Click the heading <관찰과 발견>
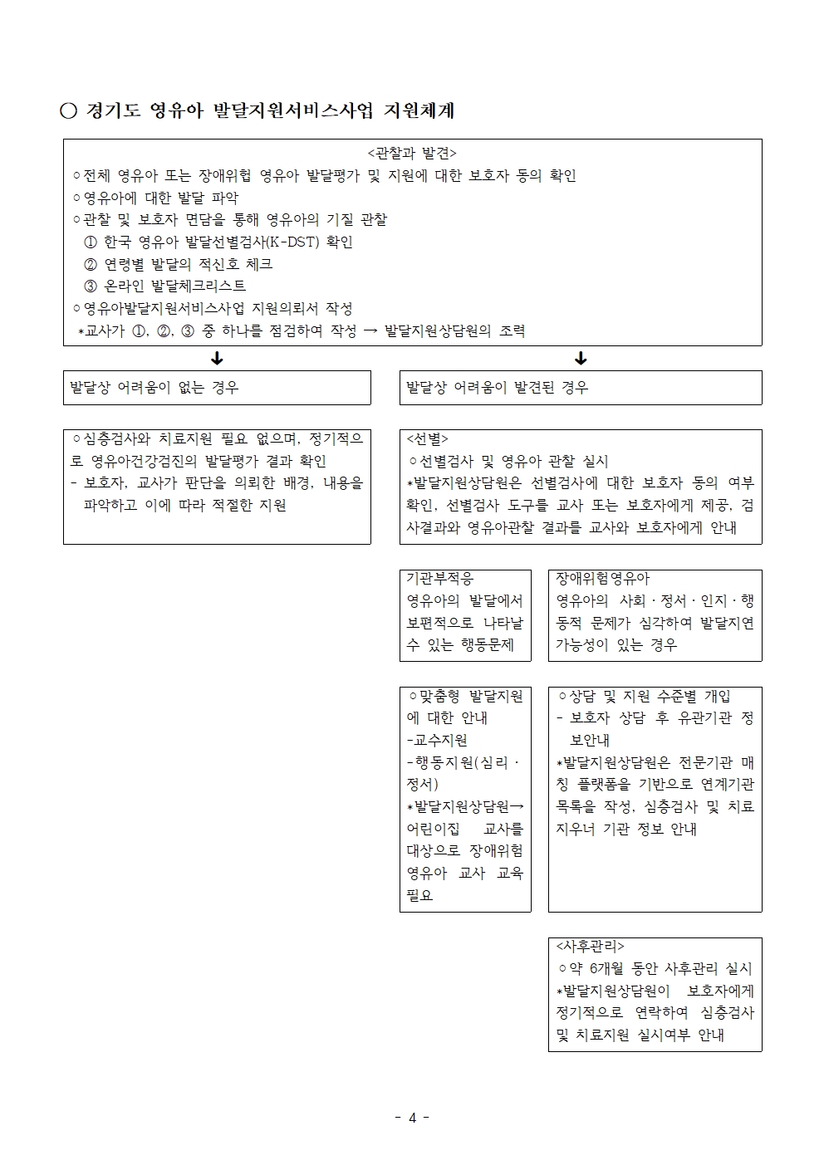click(x=412, y=154)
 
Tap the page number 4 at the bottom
click(x=412, y=1118)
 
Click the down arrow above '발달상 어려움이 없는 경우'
click(x=217, y=359)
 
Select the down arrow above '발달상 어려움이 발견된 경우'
click(x=581, y=359)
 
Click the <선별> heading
click(x=427, y=439)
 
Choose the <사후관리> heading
click(x=590, y=947)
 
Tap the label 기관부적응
click(x=439, y=579)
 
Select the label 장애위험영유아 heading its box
click(x=602, y=579)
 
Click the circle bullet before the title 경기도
click(x=68, y=111)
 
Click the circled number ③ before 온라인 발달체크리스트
click(x=91, y=286)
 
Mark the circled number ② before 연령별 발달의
click(x=91, y=265)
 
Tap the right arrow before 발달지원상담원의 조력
click(x=370, y=331)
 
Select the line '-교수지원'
click(x=437, y=741)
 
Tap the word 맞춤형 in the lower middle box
click(x=441, y=697)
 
